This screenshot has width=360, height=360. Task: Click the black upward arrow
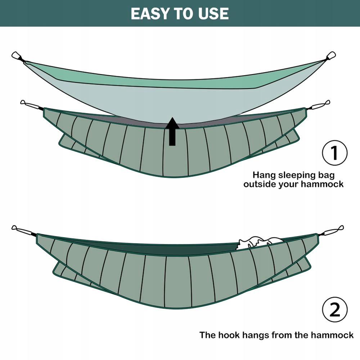click(x=172, y=131)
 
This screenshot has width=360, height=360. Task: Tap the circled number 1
click(x=335, y=153)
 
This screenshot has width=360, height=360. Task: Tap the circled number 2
click(x=335, y=310)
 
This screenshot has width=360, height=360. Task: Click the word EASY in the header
click(x=151, y=14)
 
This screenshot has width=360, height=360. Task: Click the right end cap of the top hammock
click(x=331, y=55)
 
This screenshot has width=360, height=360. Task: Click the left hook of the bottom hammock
click(x=23, y=230)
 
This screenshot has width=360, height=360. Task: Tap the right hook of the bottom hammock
click(x=333, y=230)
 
